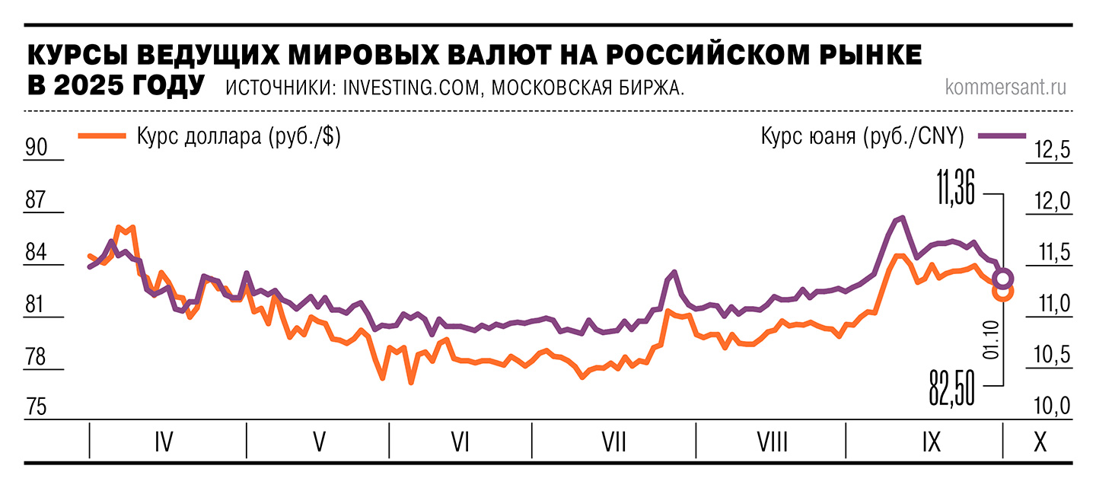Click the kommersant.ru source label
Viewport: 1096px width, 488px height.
[1005, 87]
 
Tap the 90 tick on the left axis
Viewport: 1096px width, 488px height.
[37, 147]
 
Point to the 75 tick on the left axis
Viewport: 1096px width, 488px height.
[37, 407]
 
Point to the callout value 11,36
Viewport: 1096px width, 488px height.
[955, 187]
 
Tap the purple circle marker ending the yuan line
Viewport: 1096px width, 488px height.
[1003, 278]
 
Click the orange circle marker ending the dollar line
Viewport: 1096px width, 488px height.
[1002, 292]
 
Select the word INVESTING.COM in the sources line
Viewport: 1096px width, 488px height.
[411, 88]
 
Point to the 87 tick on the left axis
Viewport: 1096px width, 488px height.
[37, 200]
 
